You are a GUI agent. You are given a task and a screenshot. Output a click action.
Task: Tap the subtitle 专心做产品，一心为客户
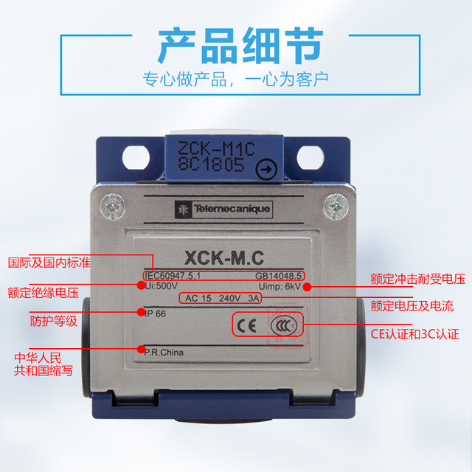pyautogui.click(x=235, y=77)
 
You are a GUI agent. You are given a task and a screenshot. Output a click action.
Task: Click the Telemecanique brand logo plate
pyautogui.click(x=224, y=210)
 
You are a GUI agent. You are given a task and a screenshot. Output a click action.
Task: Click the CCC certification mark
pyautogui.click(x=282, y=325)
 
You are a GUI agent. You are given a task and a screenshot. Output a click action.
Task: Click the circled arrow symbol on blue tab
pyautogui.click(x=263, y=170)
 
